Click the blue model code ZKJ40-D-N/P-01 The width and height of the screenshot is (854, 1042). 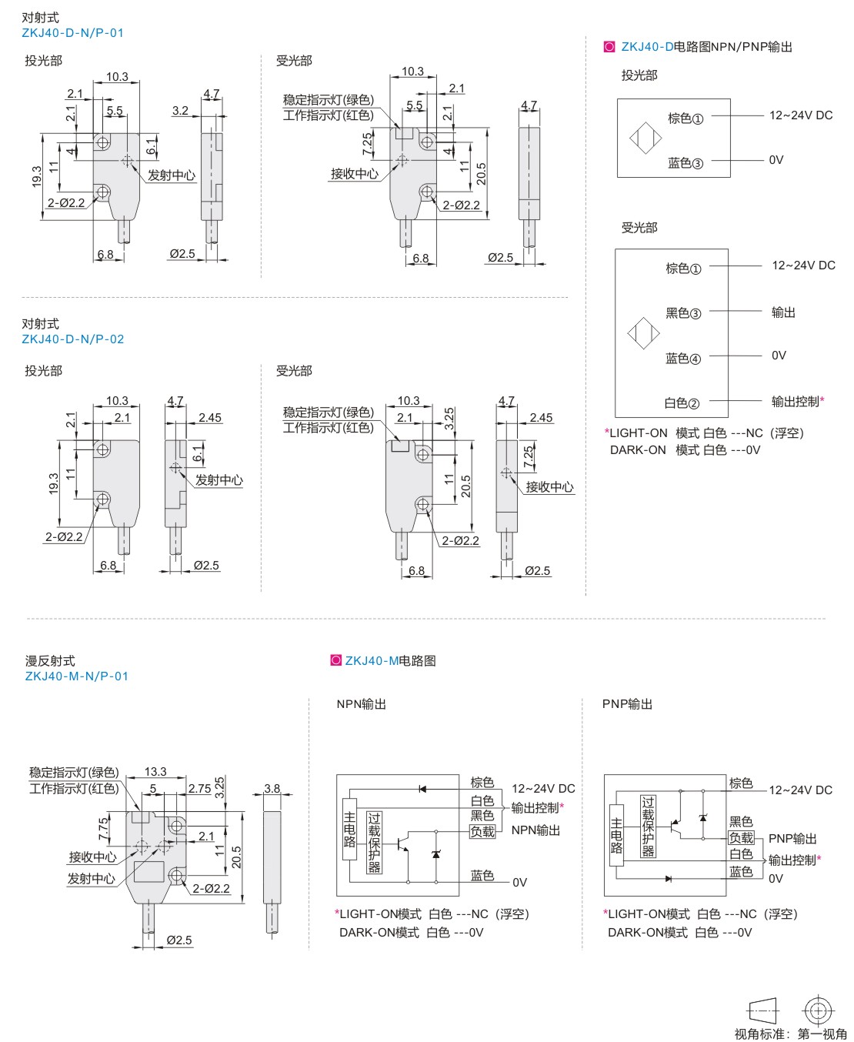(x=72, y=33)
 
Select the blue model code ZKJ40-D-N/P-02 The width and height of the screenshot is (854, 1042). (x=72, y=339)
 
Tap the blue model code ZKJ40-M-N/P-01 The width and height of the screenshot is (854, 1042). (x=76, y=676)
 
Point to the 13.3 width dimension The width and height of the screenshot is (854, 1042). (x=155, y=771)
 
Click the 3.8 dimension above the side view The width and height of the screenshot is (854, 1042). (x=272, y=788)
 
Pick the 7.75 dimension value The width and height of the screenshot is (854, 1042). (x=104, y=829)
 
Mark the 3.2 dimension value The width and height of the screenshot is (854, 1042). (x=180, y=110)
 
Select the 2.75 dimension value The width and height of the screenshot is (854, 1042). (x=199, y=788)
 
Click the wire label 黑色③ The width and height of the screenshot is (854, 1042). (x=683, y=313)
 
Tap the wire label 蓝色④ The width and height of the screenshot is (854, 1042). (x=683, y=359)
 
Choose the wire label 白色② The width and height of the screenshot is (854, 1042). (x=682, y=403)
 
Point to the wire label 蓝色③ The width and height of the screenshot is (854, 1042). (x=686, y=163)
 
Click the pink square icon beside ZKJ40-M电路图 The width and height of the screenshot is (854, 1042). (x=335, y=660)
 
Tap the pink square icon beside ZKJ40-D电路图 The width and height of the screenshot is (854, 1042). (x=610, y=47)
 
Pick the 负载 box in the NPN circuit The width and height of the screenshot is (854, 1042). (x=482, y=832)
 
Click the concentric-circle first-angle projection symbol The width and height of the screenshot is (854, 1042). (x=818, y=1010)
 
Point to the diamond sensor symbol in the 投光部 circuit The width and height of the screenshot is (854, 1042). (x=646, y=139)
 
